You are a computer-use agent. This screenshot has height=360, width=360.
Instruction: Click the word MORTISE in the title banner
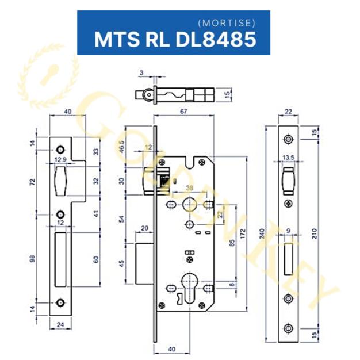click(225, 24)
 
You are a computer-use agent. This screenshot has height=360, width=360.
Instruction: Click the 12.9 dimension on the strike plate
click(60, 159)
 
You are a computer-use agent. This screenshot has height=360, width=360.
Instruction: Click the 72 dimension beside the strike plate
click(32, 182)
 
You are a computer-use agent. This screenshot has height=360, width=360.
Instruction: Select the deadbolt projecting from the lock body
click(144, 263)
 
